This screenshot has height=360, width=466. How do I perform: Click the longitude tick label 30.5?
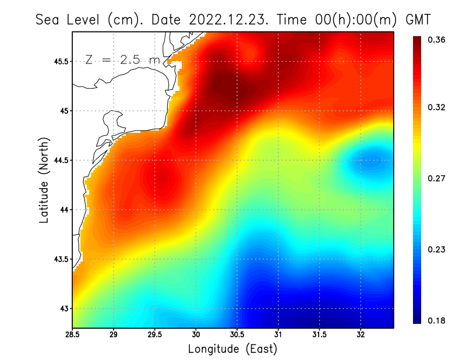tap(237, 334)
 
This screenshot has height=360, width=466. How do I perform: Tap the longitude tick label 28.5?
tap(72, 334)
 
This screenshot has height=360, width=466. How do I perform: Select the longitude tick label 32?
tap(361, 334)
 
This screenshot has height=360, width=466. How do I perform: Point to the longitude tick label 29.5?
tap(154, 334)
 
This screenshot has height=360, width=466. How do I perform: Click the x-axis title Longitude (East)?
tap(232, 349)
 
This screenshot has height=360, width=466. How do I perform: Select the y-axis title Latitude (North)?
tap(44, 180)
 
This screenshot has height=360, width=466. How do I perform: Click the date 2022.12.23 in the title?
tap(227, 19)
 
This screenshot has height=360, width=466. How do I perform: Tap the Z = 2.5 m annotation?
tap(122, 59)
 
